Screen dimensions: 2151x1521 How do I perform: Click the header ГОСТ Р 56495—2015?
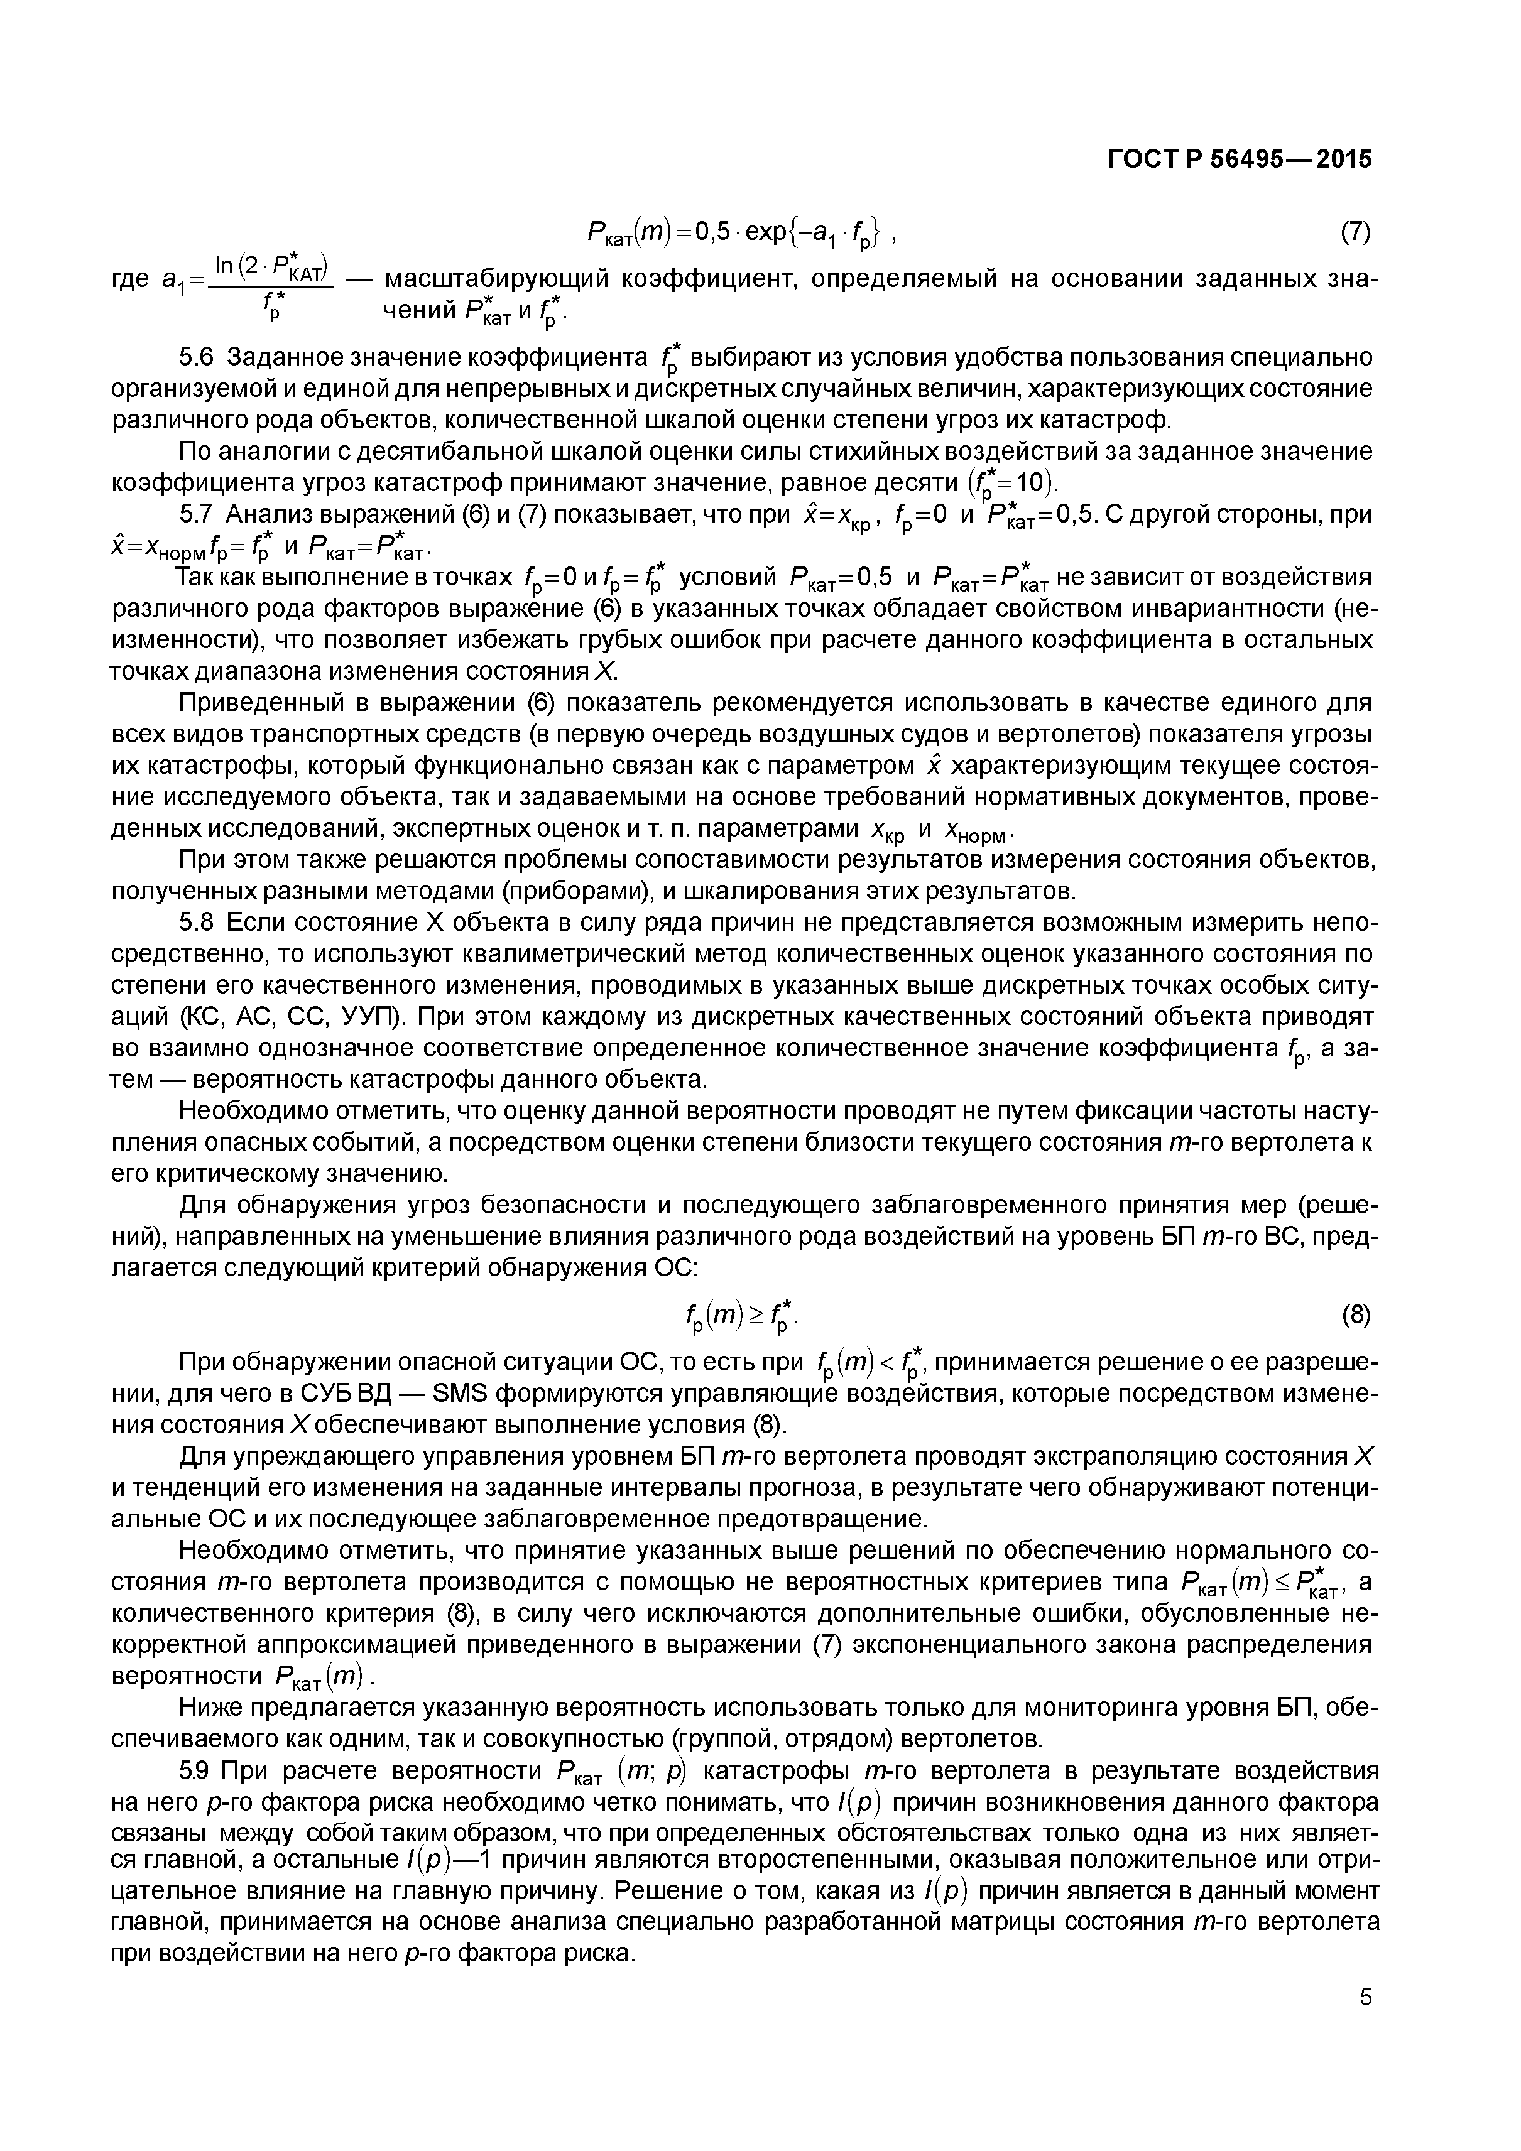(x=1239, y=160)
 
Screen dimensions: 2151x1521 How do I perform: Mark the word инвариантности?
(x=1209, y=609)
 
